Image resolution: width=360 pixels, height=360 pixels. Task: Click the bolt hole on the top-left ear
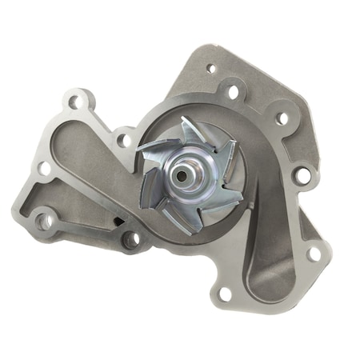click(x=77, y=102)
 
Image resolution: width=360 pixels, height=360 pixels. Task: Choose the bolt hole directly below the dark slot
click(x=130, y=239)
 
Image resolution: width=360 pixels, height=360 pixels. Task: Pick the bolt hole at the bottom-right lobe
click(x=314, y=254)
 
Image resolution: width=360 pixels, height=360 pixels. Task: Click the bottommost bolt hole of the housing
click(x=225, y=294)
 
